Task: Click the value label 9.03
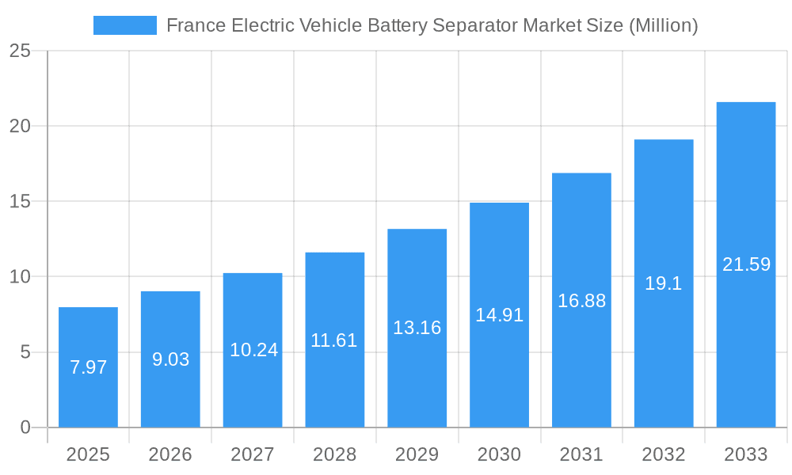point(170,359)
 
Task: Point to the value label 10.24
point(253,350)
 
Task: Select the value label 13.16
point(417,328)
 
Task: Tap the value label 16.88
point(581,301)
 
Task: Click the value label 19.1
point(664,283)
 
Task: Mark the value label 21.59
point(746,264)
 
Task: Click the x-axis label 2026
point(170,454)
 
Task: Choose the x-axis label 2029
point(417,454)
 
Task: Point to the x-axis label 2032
point(664,454)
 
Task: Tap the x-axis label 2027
point(253,454)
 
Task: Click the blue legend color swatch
point(124,25)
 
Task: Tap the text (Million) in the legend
point(663,25)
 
